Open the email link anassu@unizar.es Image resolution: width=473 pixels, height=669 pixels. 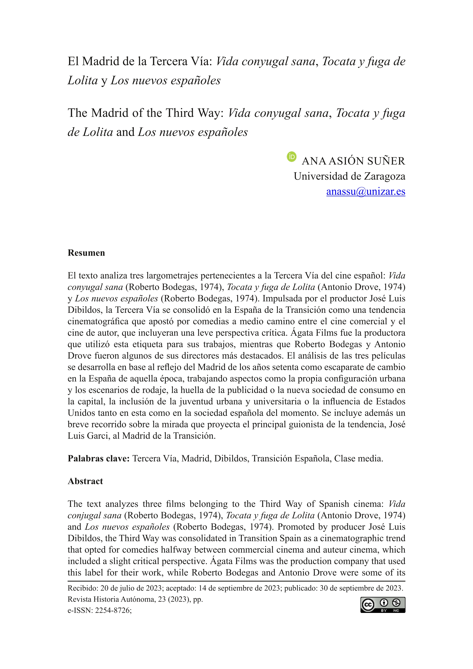[366, 192]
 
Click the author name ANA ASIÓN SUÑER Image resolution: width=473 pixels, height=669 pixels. [353, 161]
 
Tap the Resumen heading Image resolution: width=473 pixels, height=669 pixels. [86, 253]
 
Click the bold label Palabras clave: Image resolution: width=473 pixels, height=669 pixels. [98, 458]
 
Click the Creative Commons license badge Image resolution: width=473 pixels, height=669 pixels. [383, 605]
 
